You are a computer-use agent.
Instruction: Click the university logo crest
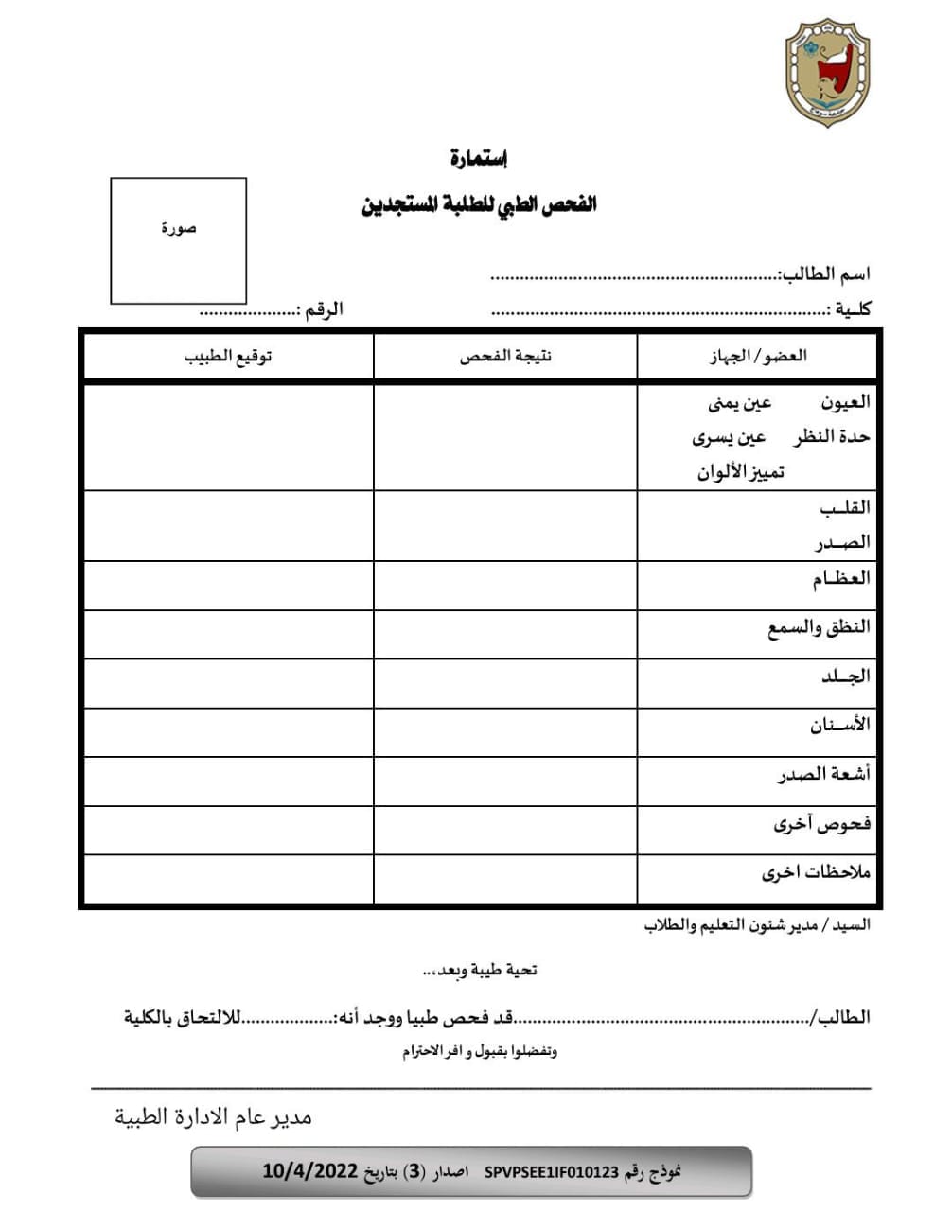click(x=827, y=72)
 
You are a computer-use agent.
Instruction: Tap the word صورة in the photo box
click(x=178, y=228)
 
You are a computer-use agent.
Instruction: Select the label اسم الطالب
click(x=823, y=274)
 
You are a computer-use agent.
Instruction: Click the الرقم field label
click(x=322, y=309)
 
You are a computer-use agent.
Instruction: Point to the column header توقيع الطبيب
click(x=228, y=356)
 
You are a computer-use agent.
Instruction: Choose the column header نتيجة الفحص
click(x=505, y=356)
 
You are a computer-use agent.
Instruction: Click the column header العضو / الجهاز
click(x=758, y=356)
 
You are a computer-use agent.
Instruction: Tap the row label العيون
click(x=844, y=402)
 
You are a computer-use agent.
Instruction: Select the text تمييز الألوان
click(x=741, y=471)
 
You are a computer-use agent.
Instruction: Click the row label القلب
click(x=844, y=507)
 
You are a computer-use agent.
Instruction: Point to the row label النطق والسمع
click(x=819, y=627)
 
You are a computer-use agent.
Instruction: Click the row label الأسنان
click(x=839, y=726)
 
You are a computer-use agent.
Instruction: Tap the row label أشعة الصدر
click(x=823, y=775)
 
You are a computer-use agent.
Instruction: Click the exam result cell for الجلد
click(x=505, y=683)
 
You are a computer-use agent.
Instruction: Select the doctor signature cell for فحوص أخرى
click(x=228, y=831)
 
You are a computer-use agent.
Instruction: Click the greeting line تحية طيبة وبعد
click(x=480, y=970)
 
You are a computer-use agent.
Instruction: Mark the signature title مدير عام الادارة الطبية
click(x=214, y=1117)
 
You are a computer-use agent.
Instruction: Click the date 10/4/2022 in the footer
click(x=309, y=1171)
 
